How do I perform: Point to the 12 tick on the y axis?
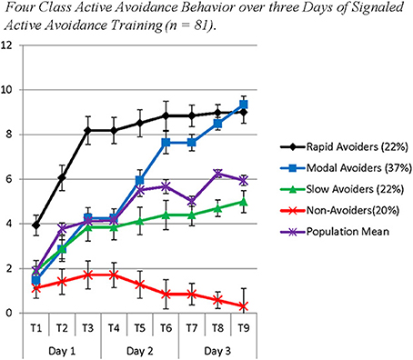pyautogui.click(x=7, y=45)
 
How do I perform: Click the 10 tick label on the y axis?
pyautogui.click(x=7, y=90)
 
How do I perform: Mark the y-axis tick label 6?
pyautogui.click(x=7, y=179)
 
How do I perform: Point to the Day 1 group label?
pyautogui.click(x=61, y=348)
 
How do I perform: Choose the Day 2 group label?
pyautogui.click(x=139, y=348)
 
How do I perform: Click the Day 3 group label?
pyautogui.click(x=217, y=348)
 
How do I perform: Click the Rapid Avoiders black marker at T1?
pyautogui.click(x=35, y=225)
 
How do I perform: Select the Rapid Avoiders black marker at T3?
pyautogui.click(x=87, y=131)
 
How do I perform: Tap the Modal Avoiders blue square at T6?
pyautogui.click(x=166, y=143)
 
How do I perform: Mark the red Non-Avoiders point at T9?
pyautogui.click(x=243, y=306)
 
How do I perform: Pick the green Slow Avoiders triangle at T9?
pyautogui.click(x=243, y=202)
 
